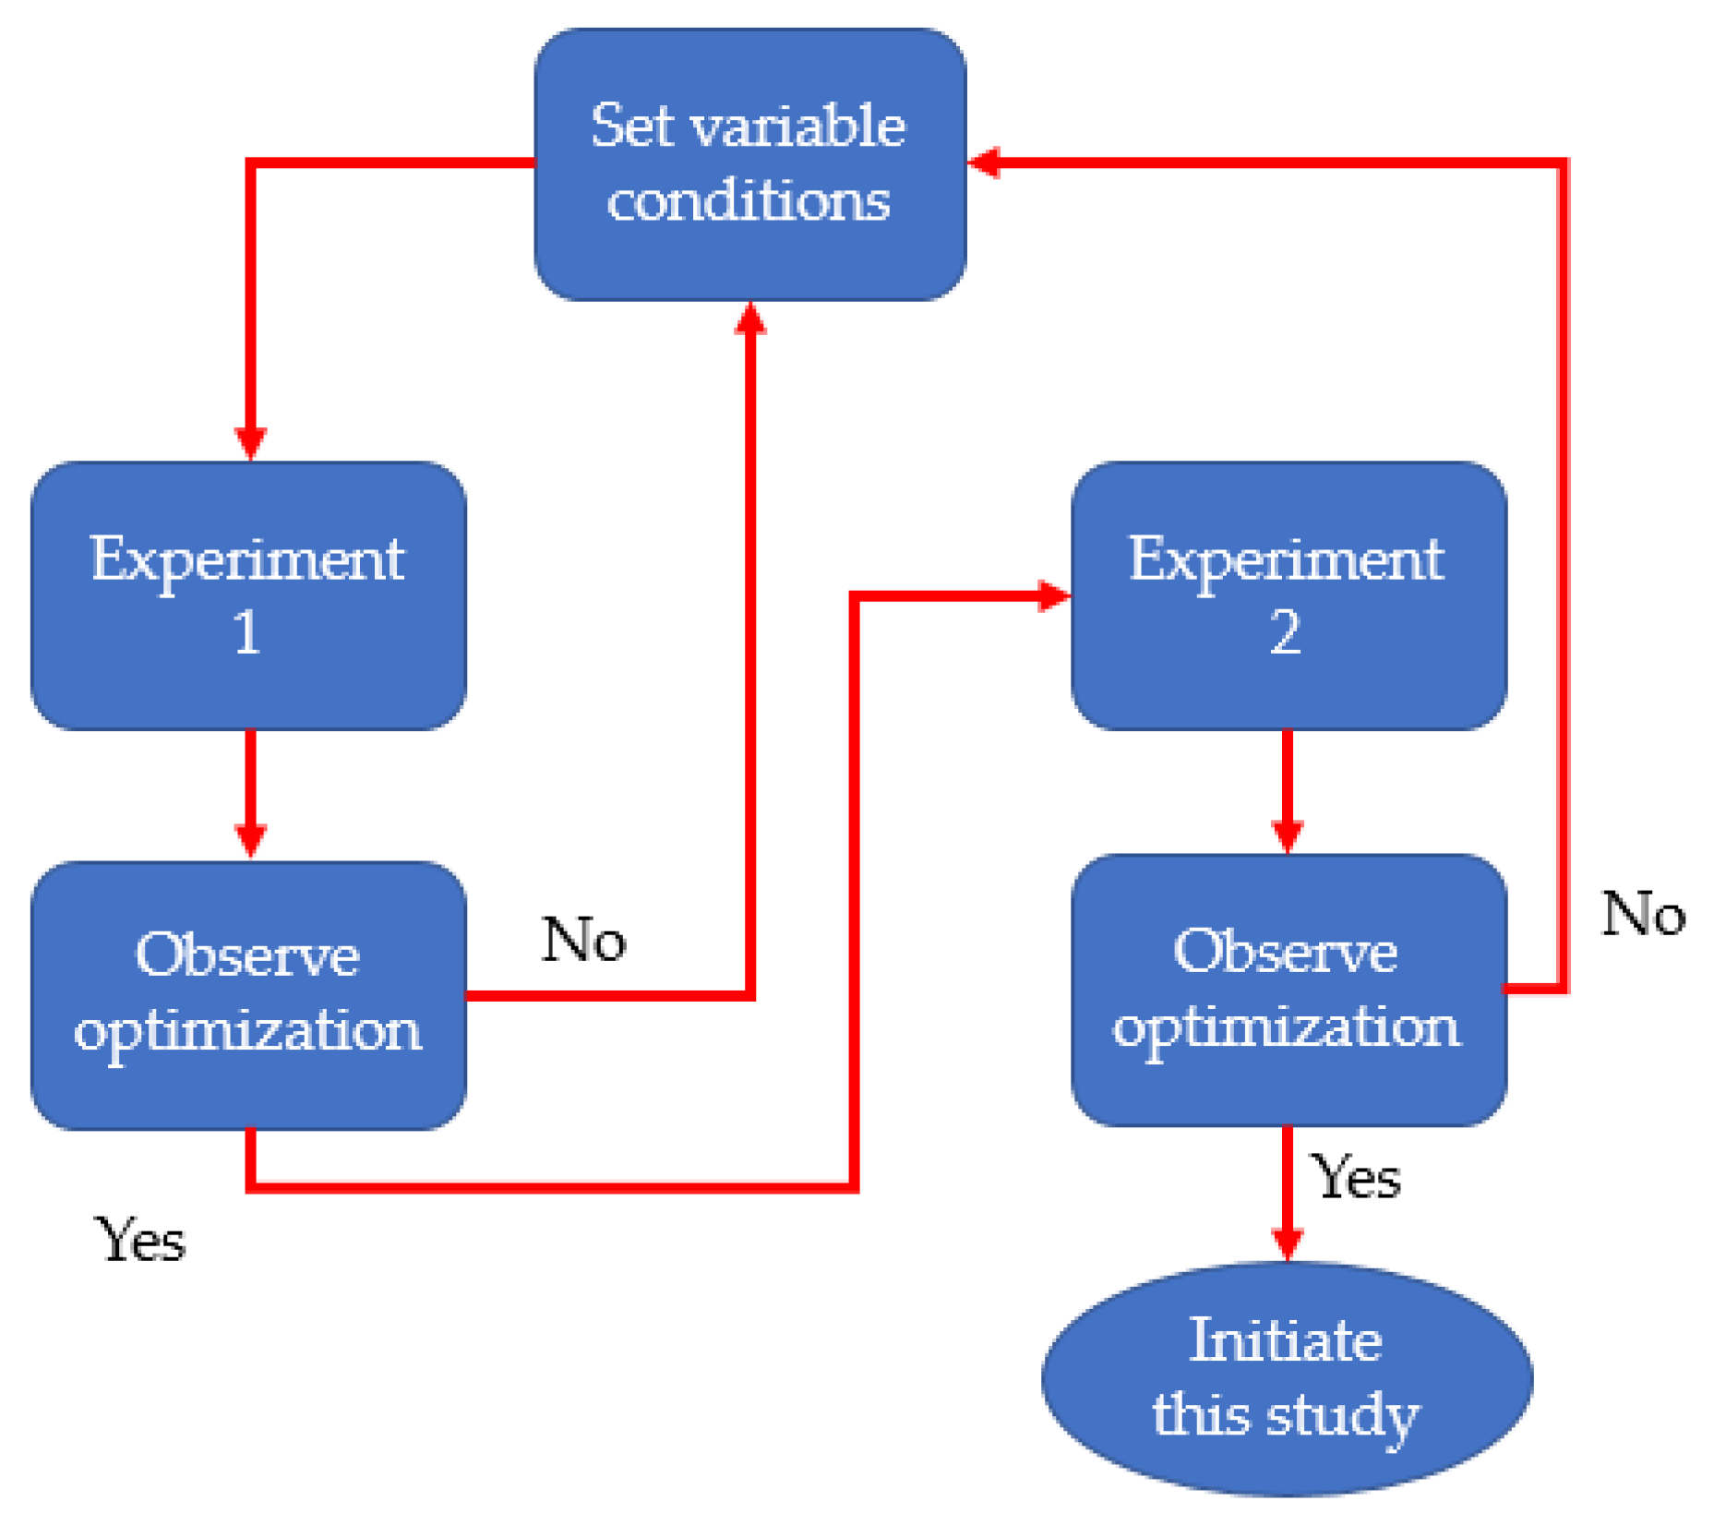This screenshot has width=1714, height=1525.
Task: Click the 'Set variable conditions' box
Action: coord(749,164)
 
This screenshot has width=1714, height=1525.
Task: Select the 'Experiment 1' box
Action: coord(248,596)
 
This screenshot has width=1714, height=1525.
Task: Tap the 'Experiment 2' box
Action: coord(1288,596)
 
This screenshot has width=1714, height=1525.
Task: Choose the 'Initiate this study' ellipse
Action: coord(1287,1379)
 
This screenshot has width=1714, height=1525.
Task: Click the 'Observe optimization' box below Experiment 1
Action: coord(248,995)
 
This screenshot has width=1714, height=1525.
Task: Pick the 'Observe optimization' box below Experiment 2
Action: coord(1288,990)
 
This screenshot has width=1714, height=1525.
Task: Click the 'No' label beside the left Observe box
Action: coord(583,941)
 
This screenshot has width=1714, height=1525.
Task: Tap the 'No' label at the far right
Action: coord(1643,915)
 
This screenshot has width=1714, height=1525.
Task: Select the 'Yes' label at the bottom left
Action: coord(140,1240)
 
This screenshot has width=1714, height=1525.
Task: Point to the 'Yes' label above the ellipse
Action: coord(1356,1179)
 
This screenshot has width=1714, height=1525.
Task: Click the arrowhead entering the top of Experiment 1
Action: coord(250,442)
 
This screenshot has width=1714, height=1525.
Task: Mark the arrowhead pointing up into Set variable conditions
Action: coord(750,319)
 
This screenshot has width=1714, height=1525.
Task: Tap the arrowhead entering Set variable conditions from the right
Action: coord(985,162)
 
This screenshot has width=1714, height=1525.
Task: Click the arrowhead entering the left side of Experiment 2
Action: coord(1052,595)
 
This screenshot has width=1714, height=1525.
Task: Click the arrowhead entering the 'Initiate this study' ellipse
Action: coord(1288,1243)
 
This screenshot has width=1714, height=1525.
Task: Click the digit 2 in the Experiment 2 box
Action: coord(1285,633)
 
